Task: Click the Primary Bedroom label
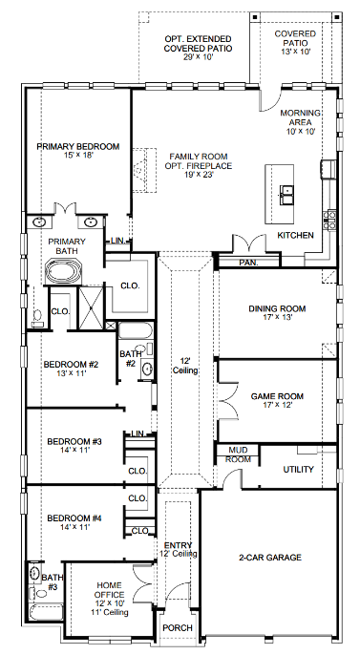click(77, 146)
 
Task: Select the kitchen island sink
click(286, 193)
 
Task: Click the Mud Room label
click(238, 455)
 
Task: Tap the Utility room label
click(298, 469)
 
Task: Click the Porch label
click(178, 627)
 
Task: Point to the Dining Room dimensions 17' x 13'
click(276, 319)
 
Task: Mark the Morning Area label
click(301, 119)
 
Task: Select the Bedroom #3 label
click(74, 441)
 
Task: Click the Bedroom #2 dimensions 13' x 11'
click(71, 374)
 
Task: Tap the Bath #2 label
click(130, 358)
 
